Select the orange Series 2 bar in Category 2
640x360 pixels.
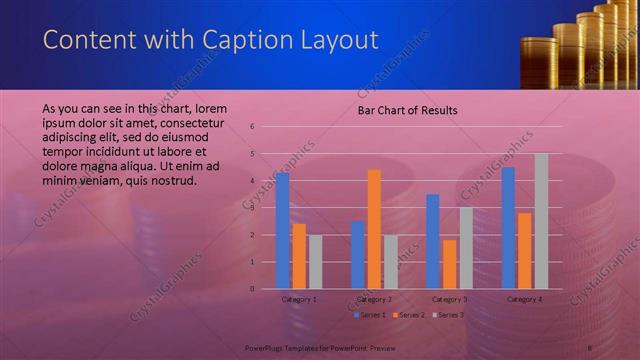pos(374,229)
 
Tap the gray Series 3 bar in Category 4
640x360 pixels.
pos(541,221)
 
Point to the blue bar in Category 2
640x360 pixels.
pos(357,255)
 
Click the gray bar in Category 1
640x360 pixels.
pos(316,262)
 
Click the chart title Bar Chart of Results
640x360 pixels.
pos(408,111)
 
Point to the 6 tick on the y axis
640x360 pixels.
pos(253,127)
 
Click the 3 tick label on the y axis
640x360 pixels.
pos(253,208)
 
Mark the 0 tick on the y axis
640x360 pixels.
pos(253,289)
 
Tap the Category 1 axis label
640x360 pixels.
pos(300,299)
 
